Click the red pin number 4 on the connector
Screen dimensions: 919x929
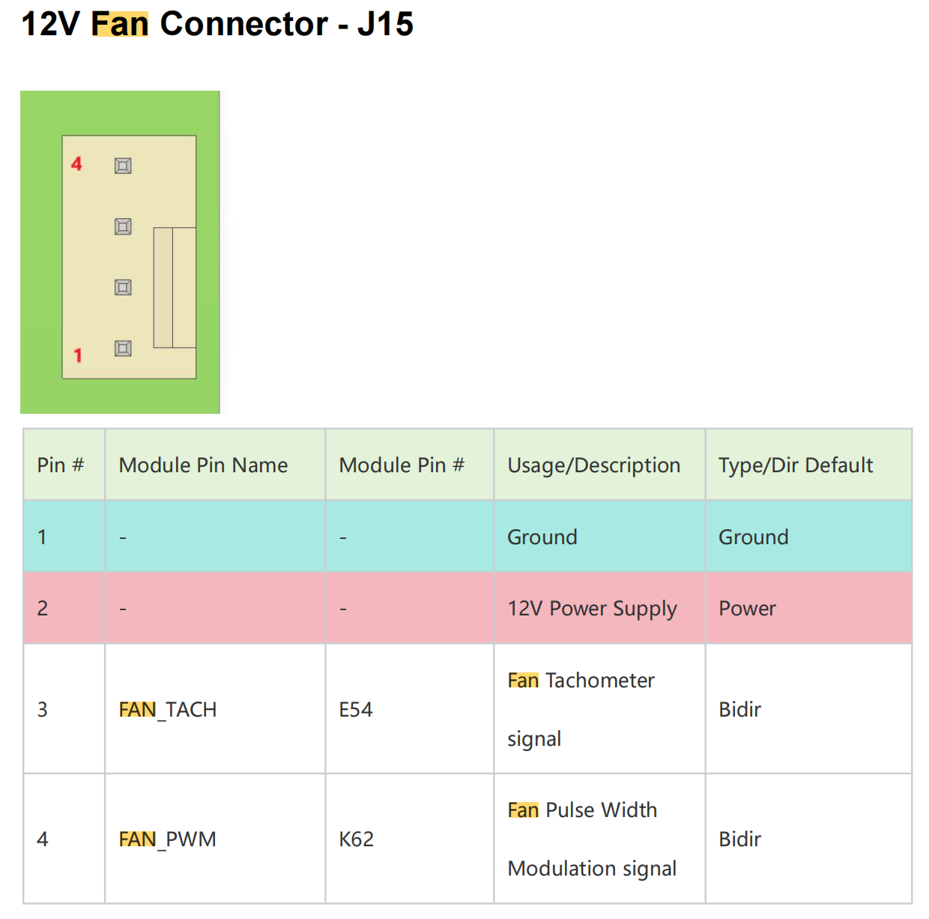tap(76, 164)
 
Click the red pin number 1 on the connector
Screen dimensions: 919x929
tap(77, 355)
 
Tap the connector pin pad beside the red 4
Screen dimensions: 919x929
tap(123, 166)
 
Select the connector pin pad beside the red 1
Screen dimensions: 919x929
tap(123, 349)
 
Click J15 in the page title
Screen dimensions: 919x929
tap(385, 24)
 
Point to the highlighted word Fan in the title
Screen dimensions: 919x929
tap(120, 24)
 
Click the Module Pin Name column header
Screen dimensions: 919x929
tap(203, 465)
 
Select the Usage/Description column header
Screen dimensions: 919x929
tap(593, 465)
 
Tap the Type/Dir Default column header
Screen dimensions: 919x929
tap(796, 465)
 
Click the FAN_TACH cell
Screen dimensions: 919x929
tap(168, 710)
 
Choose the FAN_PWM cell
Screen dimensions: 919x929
tap(168, 840)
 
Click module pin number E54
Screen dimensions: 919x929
tap(356, 710)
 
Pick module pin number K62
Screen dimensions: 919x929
tap(356, 840)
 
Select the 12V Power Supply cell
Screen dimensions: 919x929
tap(592, 609)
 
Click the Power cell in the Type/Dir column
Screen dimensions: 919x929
tap(747, 609)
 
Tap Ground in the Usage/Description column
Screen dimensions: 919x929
tap(542, 537)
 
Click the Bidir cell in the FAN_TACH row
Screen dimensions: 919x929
tap(739, 710)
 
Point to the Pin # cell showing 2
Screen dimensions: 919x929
tap(43, 609)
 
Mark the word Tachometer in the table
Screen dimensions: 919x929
tap(600, 681)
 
